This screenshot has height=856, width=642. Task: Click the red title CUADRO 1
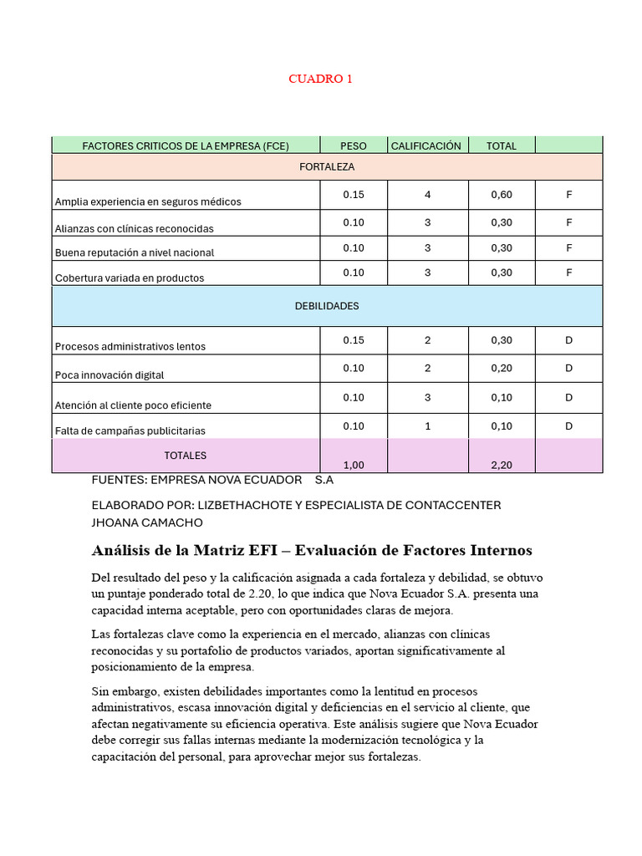tap(320, 79)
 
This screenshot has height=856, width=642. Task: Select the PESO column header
tap(354, 145)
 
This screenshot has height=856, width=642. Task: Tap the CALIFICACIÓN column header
tap(426, 145)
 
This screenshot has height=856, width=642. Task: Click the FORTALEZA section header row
tap(327, 166)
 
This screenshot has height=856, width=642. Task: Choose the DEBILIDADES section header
tap(327, 306)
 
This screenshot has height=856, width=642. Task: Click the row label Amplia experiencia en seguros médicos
tap(148, 201)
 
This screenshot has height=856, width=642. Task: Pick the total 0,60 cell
tap(502, 195)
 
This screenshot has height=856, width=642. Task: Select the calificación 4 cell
tap(427, 195)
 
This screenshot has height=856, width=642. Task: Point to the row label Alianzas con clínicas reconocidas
tap(135, 228)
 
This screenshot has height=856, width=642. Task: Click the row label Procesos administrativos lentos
tap(130, 346)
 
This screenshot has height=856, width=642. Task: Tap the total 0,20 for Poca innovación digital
tap(502, 369)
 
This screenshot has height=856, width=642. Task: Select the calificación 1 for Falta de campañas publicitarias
tap(427, 426)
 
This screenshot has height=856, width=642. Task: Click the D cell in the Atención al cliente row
tap(568, 398)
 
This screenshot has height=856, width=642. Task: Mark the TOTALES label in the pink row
tap(186, 456)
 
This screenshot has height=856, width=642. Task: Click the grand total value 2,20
tap(502, 465)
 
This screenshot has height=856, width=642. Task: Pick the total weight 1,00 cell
tap(354, 465)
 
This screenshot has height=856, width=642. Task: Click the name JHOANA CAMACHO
tap(147, 522)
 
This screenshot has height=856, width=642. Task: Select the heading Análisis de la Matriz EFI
tap(311, 550)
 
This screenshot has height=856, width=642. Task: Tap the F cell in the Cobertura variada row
tap(568, 273)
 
